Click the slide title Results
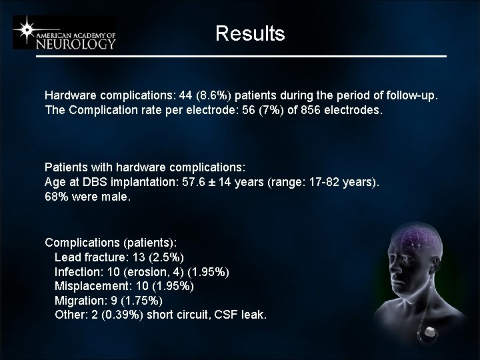[x=250, y=33]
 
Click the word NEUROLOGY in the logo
[x=76, y=43]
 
